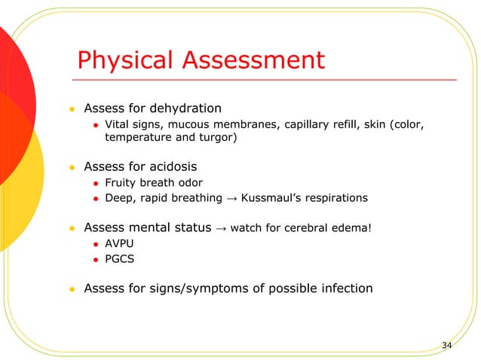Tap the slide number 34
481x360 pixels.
[447, 345]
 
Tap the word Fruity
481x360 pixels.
[121, 182]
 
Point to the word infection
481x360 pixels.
[343, 288]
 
